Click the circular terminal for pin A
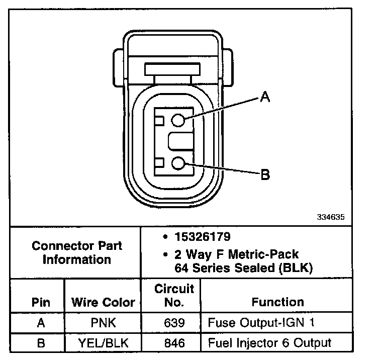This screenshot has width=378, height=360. click(x=178, y=120)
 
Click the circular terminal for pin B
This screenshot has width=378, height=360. click(x=178, y=163)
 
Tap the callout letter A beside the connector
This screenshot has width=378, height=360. click(x=265, y=97)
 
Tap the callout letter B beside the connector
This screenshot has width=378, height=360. click(x=265, y=174)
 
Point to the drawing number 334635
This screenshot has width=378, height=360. click(x=331, y=217)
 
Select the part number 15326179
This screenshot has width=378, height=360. click(x=203, y=236)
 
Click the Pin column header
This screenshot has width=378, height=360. click(x=41, y=302)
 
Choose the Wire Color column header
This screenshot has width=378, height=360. click(x=103, y=302)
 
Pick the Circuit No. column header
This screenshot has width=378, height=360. click(x=174, y=295)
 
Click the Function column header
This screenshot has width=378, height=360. click(x=277, y=302)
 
